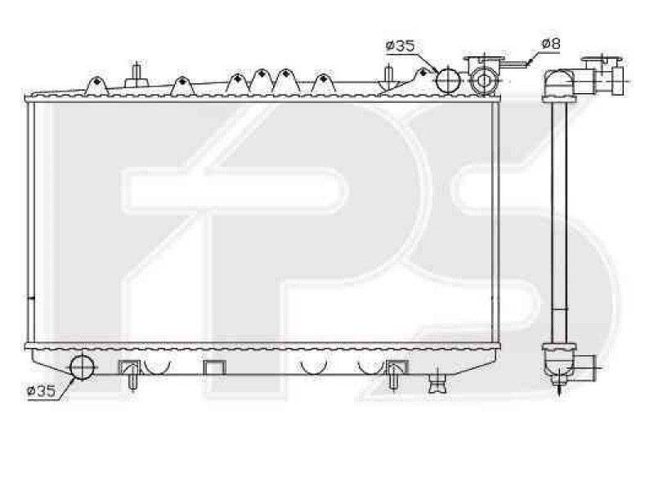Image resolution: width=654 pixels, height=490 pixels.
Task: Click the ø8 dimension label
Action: [550, 42]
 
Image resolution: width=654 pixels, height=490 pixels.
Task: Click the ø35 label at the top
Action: [400, 46]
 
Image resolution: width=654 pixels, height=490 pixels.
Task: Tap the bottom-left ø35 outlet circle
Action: [82, 367]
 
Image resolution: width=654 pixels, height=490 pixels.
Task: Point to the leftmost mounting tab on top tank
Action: [95, 84]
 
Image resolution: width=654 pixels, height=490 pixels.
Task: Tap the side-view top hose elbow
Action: [560, 82]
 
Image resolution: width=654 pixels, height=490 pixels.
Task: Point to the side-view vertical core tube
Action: [560, 220]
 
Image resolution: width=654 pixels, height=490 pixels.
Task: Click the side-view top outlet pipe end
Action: [616, 78]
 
